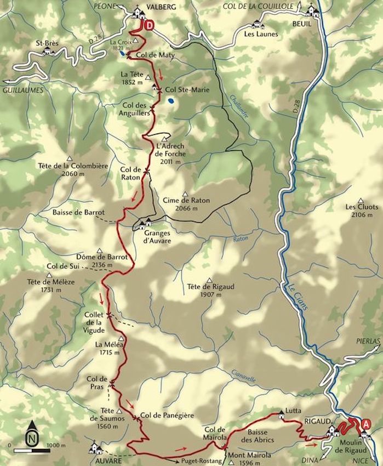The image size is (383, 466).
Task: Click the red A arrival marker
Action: tap(365, 423)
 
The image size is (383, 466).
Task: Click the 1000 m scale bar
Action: tap(31, 450)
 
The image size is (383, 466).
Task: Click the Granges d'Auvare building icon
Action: tap(145, 224)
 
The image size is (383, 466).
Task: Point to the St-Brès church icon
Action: tap(48, 51)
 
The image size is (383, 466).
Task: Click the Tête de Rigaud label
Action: tap(207, 290)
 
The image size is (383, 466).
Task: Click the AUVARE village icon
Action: tap(96, 448)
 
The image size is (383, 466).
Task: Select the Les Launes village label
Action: tap(262, 34)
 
